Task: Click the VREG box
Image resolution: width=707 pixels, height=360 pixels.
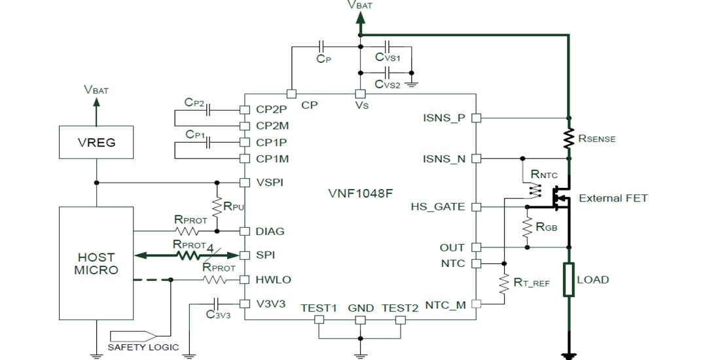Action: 96,142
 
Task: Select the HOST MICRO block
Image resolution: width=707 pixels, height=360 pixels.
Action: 96,264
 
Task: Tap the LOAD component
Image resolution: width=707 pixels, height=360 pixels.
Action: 568,279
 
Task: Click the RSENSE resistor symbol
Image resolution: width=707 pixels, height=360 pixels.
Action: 568,138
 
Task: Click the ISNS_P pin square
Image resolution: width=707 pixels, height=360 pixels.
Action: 476,118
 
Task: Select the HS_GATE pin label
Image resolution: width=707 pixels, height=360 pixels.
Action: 438,207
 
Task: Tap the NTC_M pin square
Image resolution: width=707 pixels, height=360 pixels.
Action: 476,304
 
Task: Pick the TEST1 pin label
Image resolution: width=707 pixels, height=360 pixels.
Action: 319,308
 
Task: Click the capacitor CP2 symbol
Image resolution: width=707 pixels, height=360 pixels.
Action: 208,111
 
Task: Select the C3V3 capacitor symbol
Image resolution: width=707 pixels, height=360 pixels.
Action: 217,304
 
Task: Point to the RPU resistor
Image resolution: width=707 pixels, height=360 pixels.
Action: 217,206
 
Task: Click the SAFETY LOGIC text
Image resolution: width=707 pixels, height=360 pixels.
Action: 143,347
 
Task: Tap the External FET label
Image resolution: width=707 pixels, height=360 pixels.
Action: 613,198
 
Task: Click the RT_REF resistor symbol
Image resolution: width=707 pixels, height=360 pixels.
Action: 503,283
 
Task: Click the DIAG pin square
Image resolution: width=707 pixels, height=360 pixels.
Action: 244,231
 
